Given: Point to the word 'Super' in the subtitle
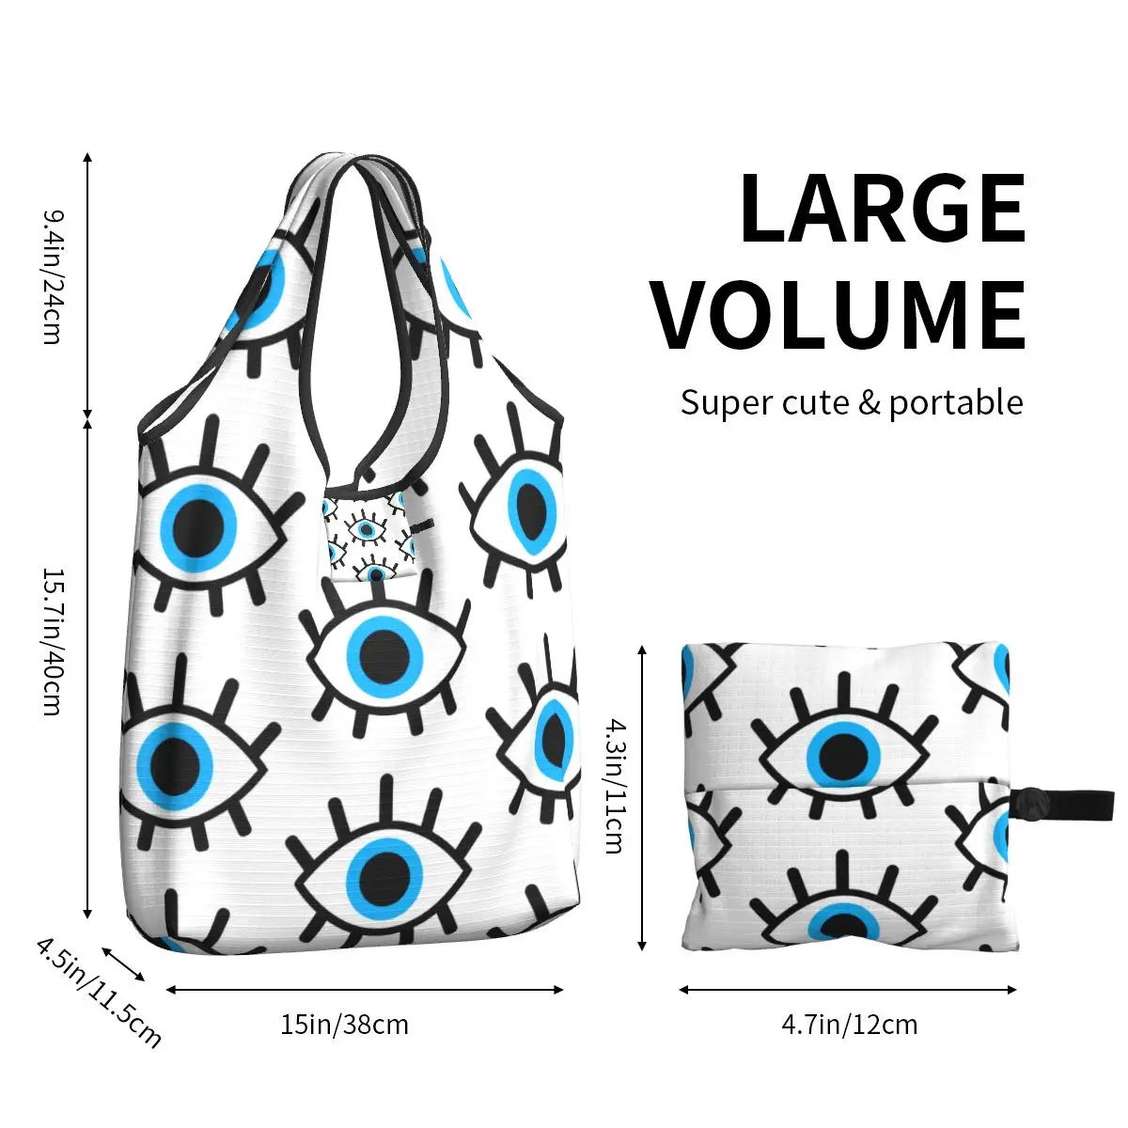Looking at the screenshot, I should click(x=720, y=402).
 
